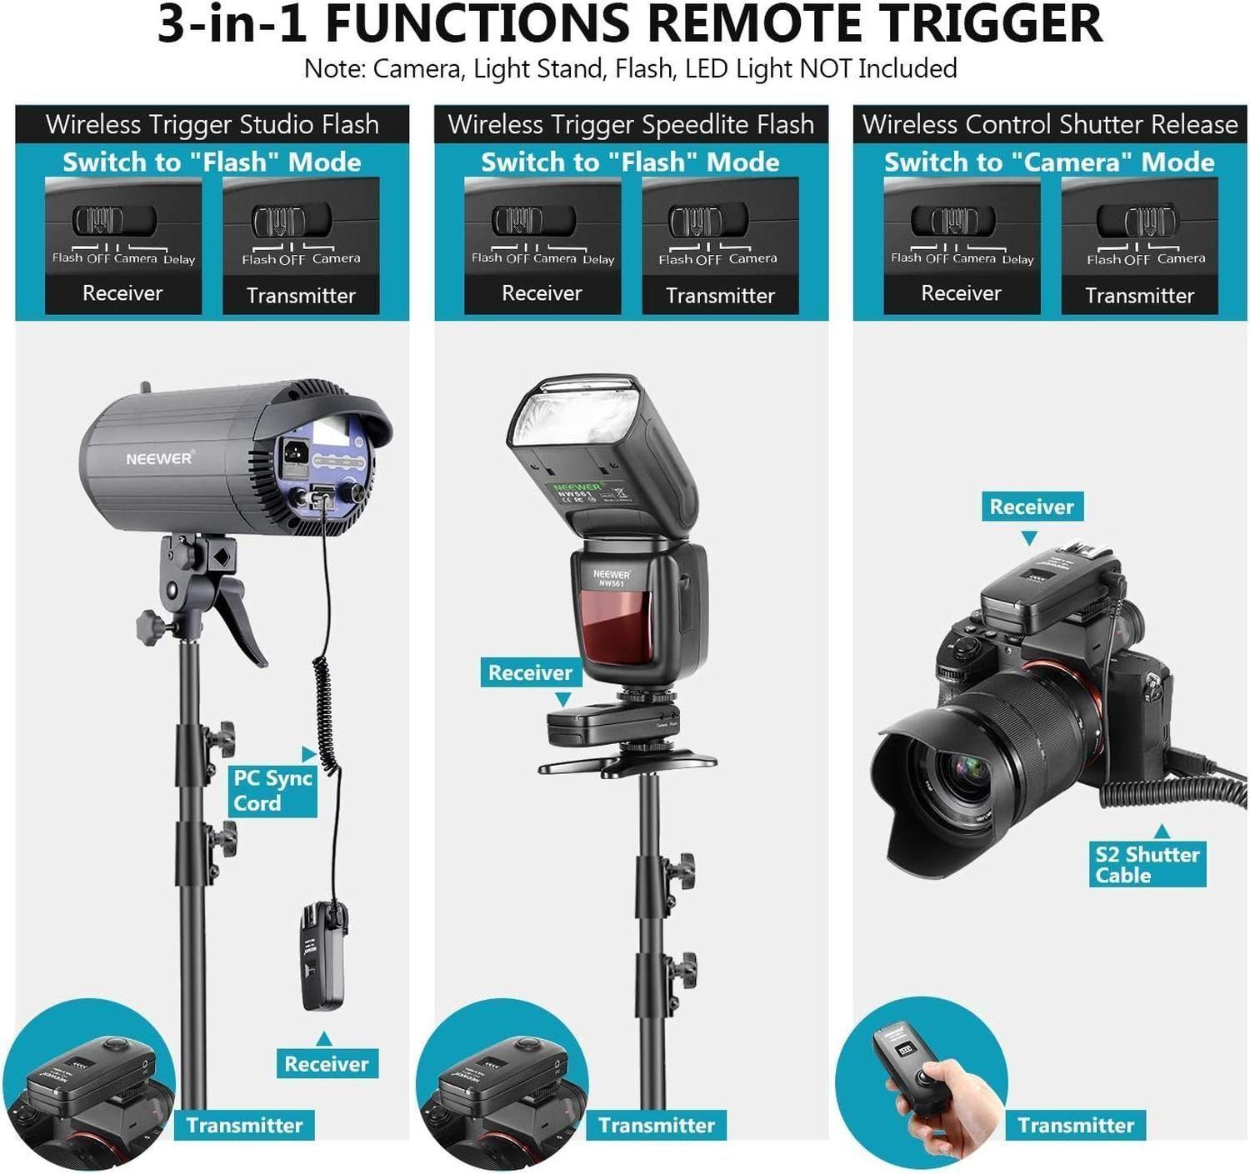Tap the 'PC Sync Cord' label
[272, 790]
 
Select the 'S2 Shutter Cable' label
[1147, 864]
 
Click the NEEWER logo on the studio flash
[158, 458]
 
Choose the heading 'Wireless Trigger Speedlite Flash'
[631, 125]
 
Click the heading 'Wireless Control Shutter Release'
[1050, 125]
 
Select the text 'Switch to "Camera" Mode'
[1049, 162]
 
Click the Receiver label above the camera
[1032, 507]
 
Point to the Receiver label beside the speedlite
[530, 672]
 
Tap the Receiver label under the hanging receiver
[326, 1063]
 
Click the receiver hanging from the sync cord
[322, 958]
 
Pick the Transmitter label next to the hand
[1075, 1125]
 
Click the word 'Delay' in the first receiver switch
[179, 259]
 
